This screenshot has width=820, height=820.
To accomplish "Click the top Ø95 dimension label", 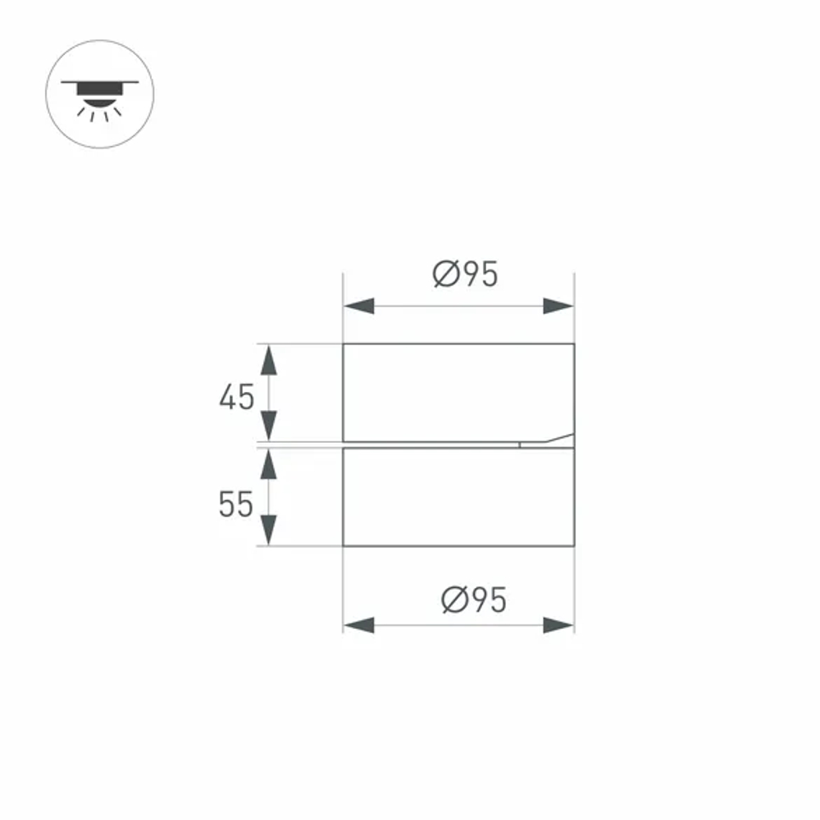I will [x=465, y=275].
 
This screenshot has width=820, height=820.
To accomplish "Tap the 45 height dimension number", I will [x=237, y=398].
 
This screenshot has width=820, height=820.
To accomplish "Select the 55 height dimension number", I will [x=236, y=505].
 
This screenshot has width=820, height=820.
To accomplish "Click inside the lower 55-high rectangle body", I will [x=458, y=497].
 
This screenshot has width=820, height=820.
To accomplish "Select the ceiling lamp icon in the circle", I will [x=99, y=94].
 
